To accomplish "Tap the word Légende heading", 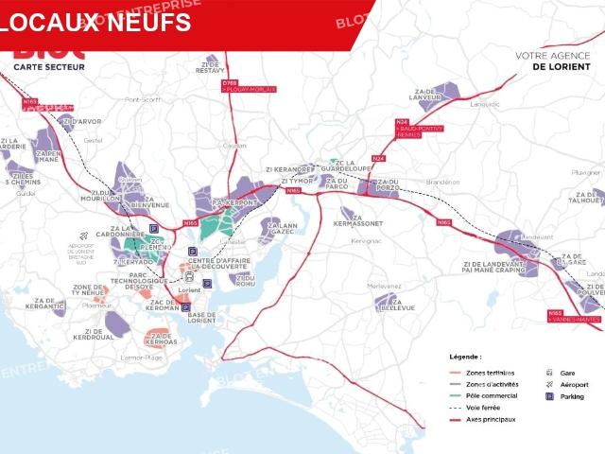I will click(x=465, y=357).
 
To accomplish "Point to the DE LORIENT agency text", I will click(x=561, y=67).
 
